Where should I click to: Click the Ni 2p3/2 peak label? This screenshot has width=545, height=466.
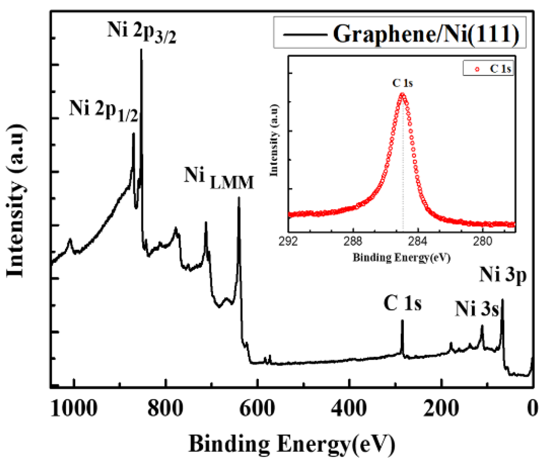pyautogui.click(x=142, y=32)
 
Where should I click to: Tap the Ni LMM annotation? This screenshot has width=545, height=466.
pyautogui.click(x=219, y=178)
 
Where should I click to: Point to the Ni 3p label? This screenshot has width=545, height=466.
pyautogui.click(x=503, y=274)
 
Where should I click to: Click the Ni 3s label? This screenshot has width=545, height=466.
pyautogui.click(x=477, y=309)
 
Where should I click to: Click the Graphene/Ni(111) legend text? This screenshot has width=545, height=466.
pyautogui.click(x=426, y=34)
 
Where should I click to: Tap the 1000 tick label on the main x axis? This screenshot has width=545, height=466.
pyautogui.click(x=74, y=408)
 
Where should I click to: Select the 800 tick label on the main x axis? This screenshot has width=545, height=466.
pyautogui.click(x=165, y=408)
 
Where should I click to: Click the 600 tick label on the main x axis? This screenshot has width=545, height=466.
pyautogui.click(x=257, y=408)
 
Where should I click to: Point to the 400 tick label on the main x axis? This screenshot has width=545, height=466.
pyautogui.click(x=349, y=408)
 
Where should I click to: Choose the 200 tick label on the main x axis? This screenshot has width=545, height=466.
pyautogui.click(x=441, y=408)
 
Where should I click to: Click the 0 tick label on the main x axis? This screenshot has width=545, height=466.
pyautogui.click(x=532, y=408)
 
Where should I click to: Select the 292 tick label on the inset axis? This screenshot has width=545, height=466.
pyautogui.click(x=288, y=242)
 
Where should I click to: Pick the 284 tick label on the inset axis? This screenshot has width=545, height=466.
pyautogui.click(x=418, y=242)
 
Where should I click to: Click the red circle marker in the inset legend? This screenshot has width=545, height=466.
pyautogui.click(x=477, y=69)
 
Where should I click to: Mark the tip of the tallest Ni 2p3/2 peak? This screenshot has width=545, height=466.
pyautogui.click(x=141, y=50)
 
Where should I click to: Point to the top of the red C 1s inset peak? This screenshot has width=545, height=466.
pyautogui.click(x=403, y=94)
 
